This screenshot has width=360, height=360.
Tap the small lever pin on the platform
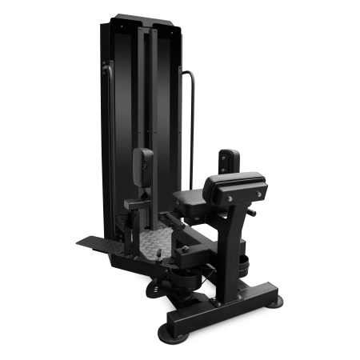(160, 254)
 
